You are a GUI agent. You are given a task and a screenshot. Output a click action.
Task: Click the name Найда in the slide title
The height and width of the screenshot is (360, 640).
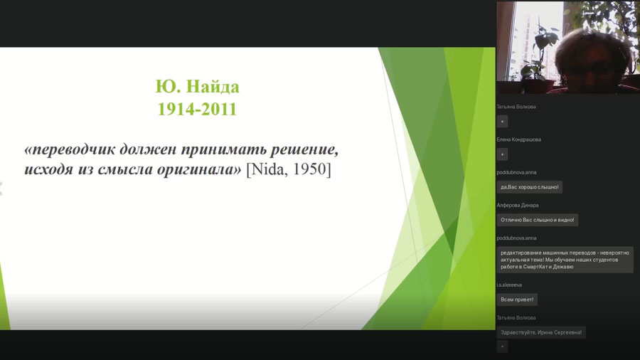coord(213,87)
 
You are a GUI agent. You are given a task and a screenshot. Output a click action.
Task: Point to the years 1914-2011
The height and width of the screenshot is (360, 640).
coord(197,109)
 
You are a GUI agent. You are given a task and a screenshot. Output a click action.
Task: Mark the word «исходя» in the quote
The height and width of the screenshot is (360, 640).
coord(49,169)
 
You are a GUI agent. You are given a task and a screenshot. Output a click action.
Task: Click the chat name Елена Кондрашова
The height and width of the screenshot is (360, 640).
coord(519,139)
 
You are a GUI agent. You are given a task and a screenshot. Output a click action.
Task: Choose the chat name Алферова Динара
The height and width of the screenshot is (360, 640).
coord(518,206)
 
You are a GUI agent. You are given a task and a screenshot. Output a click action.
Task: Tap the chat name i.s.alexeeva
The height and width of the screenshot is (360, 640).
coord(509,285)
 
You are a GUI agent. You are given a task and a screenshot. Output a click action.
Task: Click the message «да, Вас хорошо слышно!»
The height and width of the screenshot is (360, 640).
coord(529,187)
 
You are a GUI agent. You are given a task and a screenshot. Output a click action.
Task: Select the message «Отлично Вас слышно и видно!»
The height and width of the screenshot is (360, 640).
coord(537,220)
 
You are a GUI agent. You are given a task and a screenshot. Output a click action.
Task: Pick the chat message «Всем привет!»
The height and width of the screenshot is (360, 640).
coord(517,300)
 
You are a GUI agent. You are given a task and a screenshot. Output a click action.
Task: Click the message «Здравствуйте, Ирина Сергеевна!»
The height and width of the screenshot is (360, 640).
coord(541,332)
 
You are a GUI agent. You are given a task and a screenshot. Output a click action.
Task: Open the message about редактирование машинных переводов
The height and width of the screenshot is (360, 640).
coord(565,260)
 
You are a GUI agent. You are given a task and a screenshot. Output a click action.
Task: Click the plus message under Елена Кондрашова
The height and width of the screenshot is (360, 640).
coord(503,154)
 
